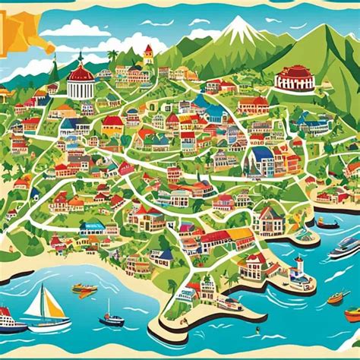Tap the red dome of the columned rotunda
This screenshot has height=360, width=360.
(80, 74)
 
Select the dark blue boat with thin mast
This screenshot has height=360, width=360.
(111, 318)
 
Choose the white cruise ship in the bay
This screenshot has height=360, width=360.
(344, 247)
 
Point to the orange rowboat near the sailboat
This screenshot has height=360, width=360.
(84, 289)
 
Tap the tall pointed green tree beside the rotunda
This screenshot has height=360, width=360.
(54, 72)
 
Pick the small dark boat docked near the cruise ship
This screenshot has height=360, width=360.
(328, 223)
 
